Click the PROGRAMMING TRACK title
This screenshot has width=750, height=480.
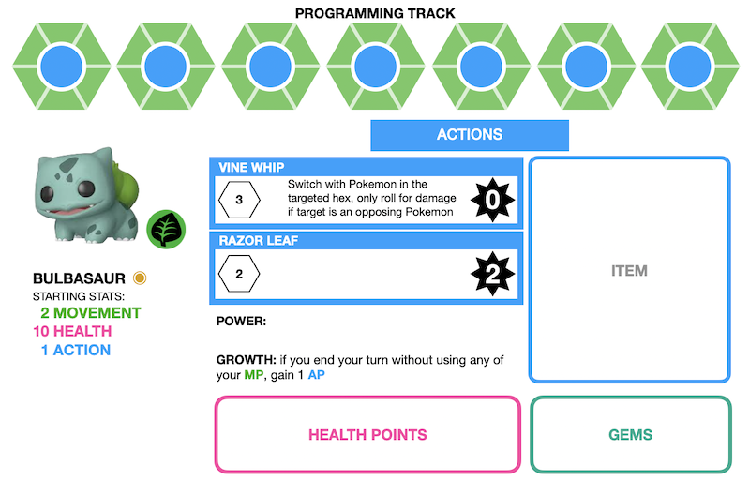375,13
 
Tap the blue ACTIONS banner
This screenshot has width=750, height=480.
470,135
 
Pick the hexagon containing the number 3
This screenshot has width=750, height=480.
239,200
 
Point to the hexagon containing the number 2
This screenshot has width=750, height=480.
239,275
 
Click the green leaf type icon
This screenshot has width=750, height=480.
166,229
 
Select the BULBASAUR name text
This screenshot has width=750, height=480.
80,278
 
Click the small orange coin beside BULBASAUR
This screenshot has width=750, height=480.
140,277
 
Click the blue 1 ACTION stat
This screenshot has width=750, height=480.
75,351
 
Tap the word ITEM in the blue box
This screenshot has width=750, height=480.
629,271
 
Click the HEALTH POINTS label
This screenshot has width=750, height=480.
367,435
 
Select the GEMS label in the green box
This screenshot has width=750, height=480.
630,435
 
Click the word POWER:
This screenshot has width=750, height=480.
242,322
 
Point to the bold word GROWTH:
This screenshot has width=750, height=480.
247,360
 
